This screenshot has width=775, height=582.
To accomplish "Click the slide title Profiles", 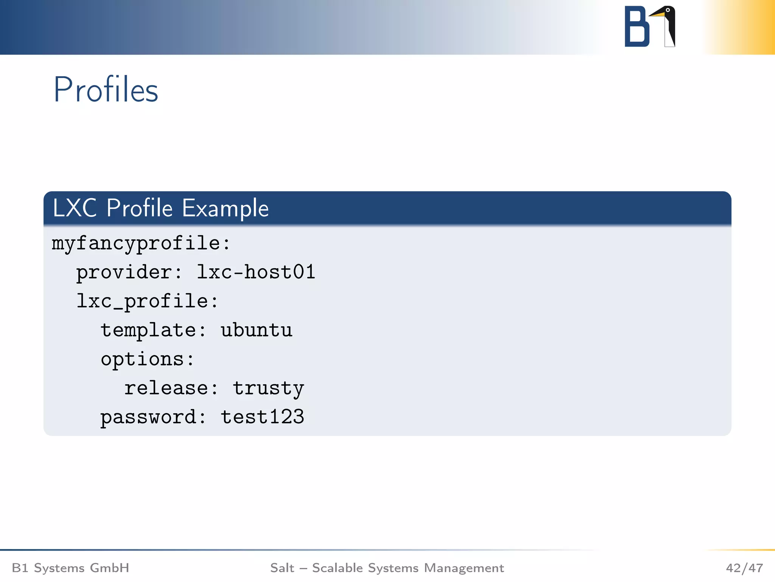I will pyautogui.click(x=106, y=90).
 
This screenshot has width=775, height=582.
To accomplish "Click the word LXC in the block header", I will pyautogui.click(x=75, y=208).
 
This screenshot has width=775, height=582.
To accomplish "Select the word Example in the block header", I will pyautogui.click(x=225, y=208).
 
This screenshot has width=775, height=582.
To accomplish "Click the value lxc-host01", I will pyautogui.click(x=256, y=272).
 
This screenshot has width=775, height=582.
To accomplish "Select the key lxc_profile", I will pyautogui.click(x=143, y=302).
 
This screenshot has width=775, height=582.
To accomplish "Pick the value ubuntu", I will pyautogui.click(x=257, y=330).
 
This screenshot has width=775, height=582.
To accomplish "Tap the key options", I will pyautogui.click(x=142, y=359).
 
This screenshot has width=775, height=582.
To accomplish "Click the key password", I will pyautogui.click(x=148, y=417).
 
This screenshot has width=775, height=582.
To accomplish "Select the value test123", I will pyautogui.click(x=262, y=417).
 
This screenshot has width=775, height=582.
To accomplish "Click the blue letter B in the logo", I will pyautogui.click(x=636, y=27).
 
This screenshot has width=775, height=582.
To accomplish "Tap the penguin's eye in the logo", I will pyautogui.click(x=668, y=10).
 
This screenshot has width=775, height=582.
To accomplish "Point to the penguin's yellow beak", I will pyautogui.click(x=657, y=14).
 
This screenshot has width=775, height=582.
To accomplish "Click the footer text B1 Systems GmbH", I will pyautogui.click(x=71, y=568).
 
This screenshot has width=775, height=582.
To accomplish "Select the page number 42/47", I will pyautogui.click(x=744, y=568).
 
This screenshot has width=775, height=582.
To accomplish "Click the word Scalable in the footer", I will pyautogui.click(x=338, y=568).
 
